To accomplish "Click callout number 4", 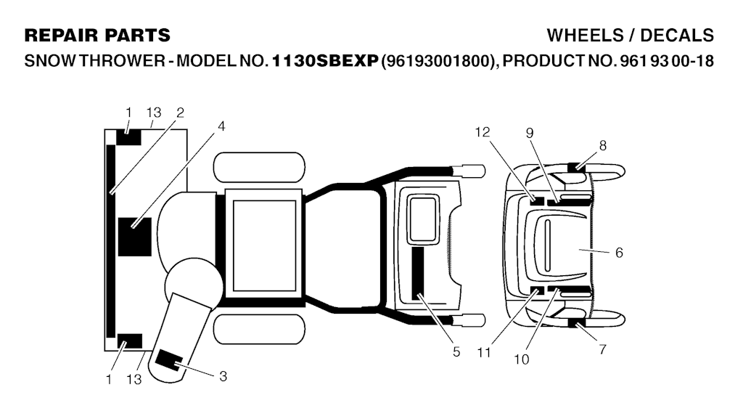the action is pyautogui.click(x=221, y=126).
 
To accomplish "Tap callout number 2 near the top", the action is pyautogui.click(x=180, y=113).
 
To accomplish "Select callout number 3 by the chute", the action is pyautogui.click(x=223, y=376).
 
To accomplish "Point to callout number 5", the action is pyautogui.click(x=456, y=351).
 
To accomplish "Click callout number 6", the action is pyautogui.click(x=619, y=253).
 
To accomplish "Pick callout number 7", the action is pyautogui.click(x=602, y=349).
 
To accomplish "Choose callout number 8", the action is pyautogui.click(x=603, y=145).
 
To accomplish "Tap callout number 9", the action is pyautogui.click(x=530, y=133).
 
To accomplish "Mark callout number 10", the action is pyautogui.click(x=521, y=359).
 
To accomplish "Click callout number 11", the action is pyautogui.click(x=484, y=353).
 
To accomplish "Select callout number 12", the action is pyautogui.click(x=483, y=131).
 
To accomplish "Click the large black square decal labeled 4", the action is pyautogui.click(x=134, y=237).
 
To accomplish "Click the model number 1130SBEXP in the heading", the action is pyautogui.click(x=325, y=61).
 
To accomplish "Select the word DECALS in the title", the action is pyautogui.click(x=677, y=36).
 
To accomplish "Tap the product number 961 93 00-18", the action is pyautogui.click(x=665, y=61).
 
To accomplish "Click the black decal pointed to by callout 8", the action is pyautogui.click(x=577, y=167).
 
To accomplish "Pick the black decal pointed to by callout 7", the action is pyautogui.click(x=577, y=324).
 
